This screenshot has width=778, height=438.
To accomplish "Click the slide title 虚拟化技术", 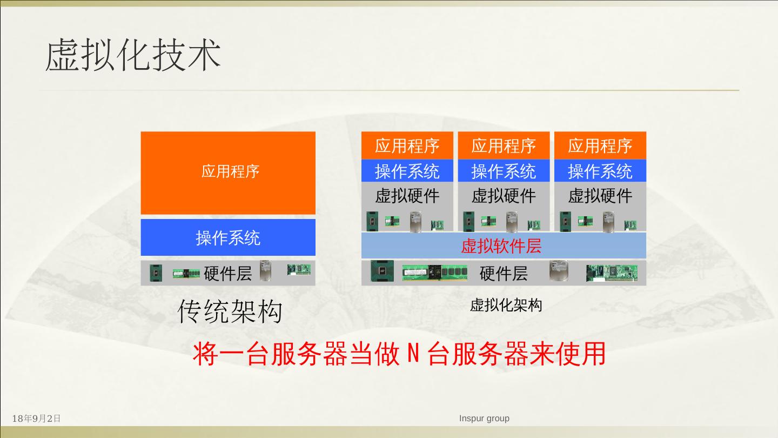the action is point(133,56).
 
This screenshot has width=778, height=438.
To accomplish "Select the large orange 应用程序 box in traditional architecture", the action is point(228,172).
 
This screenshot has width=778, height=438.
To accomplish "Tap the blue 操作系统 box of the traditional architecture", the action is point(228,237).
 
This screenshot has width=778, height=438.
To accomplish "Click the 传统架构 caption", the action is point(230,311).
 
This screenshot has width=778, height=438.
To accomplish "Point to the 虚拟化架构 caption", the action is point(505,305).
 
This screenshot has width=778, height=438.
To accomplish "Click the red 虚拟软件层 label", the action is point(501,246).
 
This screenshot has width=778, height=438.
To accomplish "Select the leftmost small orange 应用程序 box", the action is point(407,145).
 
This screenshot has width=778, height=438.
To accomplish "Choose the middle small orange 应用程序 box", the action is point(504,145).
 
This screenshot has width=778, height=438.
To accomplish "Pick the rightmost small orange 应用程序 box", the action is point(600,145).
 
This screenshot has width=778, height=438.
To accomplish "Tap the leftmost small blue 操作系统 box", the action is point(407,171).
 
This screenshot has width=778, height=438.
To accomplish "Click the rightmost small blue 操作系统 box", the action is point(600,171).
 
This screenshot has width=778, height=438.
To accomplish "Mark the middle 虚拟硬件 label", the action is point(504,195).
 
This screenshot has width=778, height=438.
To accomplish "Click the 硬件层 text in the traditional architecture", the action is point(228,273).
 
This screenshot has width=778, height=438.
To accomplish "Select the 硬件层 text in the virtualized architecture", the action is point(504,273).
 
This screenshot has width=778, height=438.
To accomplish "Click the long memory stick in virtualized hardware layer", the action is point(434,273).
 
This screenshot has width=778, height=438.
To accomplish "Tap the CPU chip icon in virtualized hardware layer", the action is point(382,271).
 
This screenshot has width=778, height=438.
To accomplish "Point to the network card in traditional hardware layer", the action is point(299,269).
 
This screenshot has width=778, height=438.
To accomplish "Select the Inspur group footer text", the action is point(484,418).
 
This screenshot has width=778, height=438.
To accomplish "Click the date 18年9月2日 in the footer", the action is point(36,419).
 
